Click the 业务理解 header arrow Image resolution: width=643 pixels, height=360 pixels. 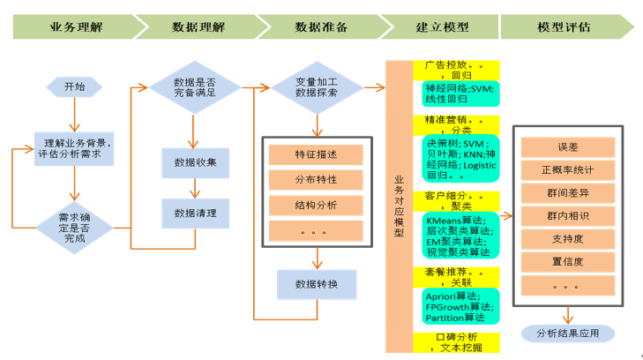pos(75,26)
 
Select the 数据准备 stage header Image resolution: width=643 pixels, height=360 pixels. pos(320,26)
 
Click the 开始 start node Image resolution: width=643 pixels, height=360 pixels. pos(74,86)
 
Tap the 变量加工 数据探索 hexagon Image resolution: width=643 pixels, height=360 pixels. pos(317,86)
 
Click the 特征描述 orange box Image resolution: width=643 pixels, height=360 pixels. pos(316,154)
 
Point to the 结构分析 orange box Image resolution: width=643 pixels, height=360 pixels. pos(316,205)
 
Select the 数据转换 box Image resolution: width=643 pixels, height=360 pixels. pos(316,283)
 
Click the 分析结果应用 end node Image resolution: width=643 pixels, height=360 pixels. pos(567,333)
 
